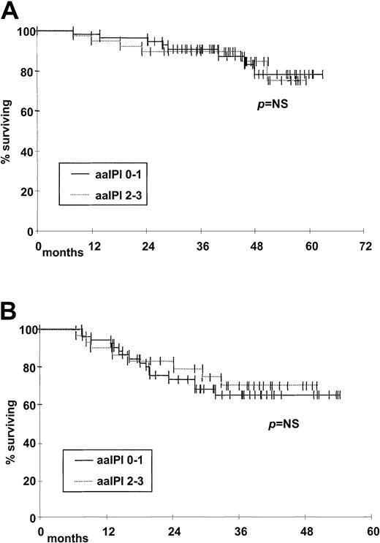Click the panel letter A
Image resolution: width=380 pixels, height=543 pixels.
tap(11, 10)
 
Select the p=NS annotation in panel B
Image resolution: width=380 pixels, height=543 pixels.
tap(281, 422)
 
